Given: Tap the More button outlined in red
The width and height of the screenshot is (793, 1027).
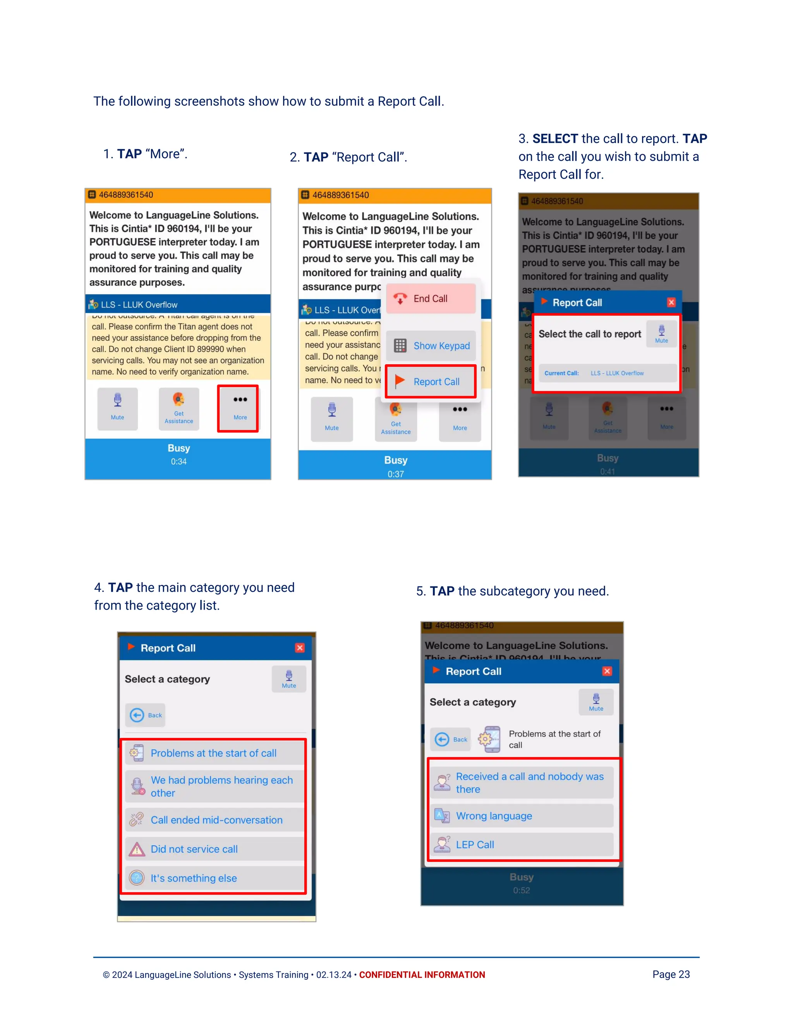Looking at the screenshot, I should click(238, 408).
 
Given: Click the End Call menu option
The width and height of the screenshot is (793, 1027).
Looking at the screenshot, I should click(430, 298).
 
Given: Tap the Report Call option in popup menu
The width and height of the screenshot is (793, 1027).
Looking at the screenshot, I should click(430, 381).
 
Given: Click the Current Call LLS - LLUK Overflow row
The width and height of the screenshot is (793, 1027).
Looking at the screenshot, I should click(607, 373).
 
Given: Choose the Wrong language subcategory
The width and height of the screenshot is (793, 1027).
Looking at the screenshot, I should click(522, 816).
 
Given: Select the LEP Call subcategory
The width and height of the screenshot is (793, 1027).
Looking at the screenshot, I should click(522, 844).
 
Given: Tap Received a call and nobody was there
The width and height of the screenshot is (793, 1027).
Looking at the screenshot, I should click(522, 783).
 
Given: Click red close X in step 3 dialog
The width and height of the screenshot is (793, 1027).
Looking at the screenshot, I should click(671, 302).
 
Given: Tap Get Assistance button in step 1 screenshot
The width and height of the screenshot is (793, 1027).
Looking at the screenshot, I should click(179, 408).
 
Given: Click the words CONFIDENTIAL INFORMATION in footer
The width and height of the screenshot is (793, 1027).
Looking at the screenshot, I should click(422, 975).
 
